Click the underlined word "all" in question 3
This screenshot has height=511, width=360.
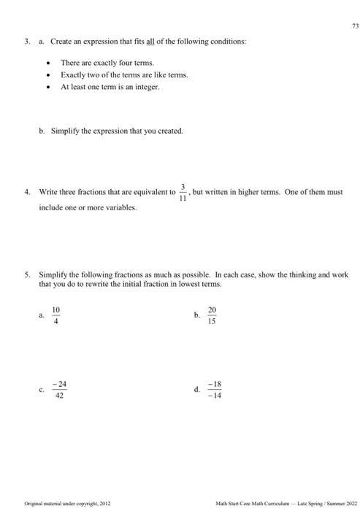tap(150, 41)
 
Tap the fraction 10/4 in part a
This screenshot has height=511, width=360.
tap(55, 315)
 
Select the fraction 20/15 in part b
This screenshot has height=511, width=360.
tap(212, 315)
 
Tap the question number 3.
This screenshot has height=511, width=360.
tap(26, 41)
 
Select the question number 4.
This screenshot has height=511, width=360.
tap(26, 192)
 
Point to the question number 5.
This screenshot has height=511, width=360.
tap(26, 275)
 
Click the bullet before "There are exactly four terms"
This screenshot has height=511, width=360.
tap(48, 64)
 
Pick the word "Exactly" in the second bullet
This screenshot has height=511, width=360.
tap(74, 75)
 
